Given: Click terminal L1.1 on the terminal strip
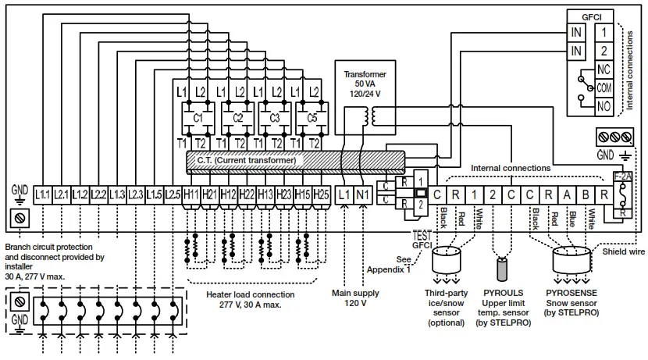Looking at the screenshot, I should point(43,193).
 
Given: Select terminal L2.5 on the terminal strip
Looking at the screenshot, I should point(173,193).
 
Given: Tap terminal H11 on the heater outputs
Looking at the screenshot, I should point(191,193).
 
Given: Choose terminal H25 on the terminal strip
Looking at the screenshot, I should point(321,193).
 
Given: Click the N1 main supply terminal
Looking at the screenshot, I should point(362,193).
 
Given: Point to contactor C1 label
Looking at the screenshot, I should point(198,118).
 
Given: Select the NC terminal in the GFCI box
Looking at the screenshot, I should point(603,69).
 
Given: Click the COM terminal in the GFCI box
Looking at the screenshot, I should point(603,87).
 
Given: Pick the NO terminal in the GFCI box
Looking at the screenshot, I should point(603,105).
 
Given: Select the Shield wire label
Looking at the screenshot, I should point(623,251).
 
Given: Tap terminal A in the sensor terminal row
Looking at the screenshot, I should point(567,193).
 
